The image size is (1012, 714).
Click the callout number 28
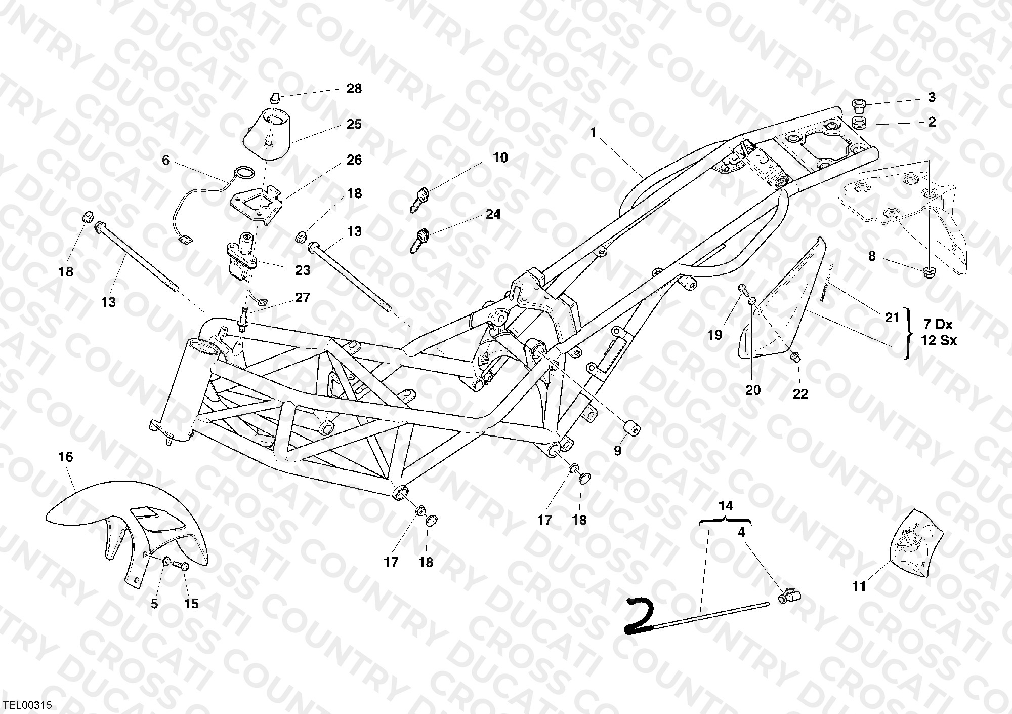tap(354, 89)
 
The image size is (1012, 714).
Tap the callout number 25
tap(354, 124)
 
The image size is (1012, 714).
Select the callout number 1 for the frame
tap(593, 132)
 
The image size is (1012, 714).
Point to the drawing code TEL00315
tap(27, 705)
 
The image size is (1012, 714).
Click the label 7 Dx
tap(938, 324)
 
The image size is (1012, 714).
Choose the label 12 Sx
tap(939, 340)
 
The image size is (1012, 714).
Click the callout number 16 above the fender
tap(66, 457)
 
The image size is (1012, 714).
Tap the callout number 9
tap(617, 451)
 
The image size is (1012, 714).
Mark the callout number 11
tap(859, 587)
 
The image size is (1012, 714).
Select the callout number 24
tap(493, 214)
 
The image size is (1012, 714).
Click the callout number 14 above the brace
tap(726, 506)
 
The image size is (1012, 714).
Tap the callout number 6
tap(166, 160)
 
